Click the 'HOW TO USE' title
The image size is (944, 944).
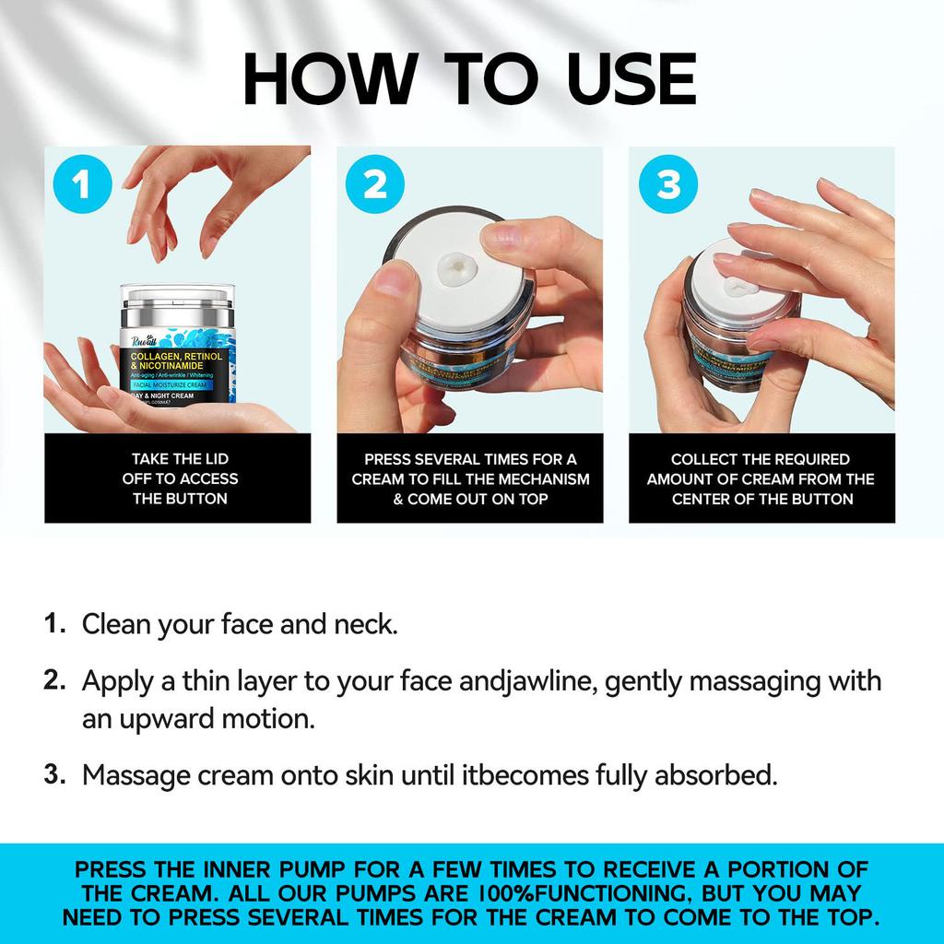(470, 79)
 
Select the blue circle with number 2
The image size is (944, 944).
(374, 185)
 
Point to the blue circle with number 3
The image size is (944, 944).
(667, 185)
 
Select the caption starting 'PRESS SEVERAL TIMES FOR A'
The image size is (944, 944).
(470, 478)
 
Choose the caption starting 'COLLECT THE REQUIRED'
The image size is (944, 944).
(761, 478)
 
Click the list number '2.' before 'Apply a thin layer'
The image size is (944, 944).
(55, 681)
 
